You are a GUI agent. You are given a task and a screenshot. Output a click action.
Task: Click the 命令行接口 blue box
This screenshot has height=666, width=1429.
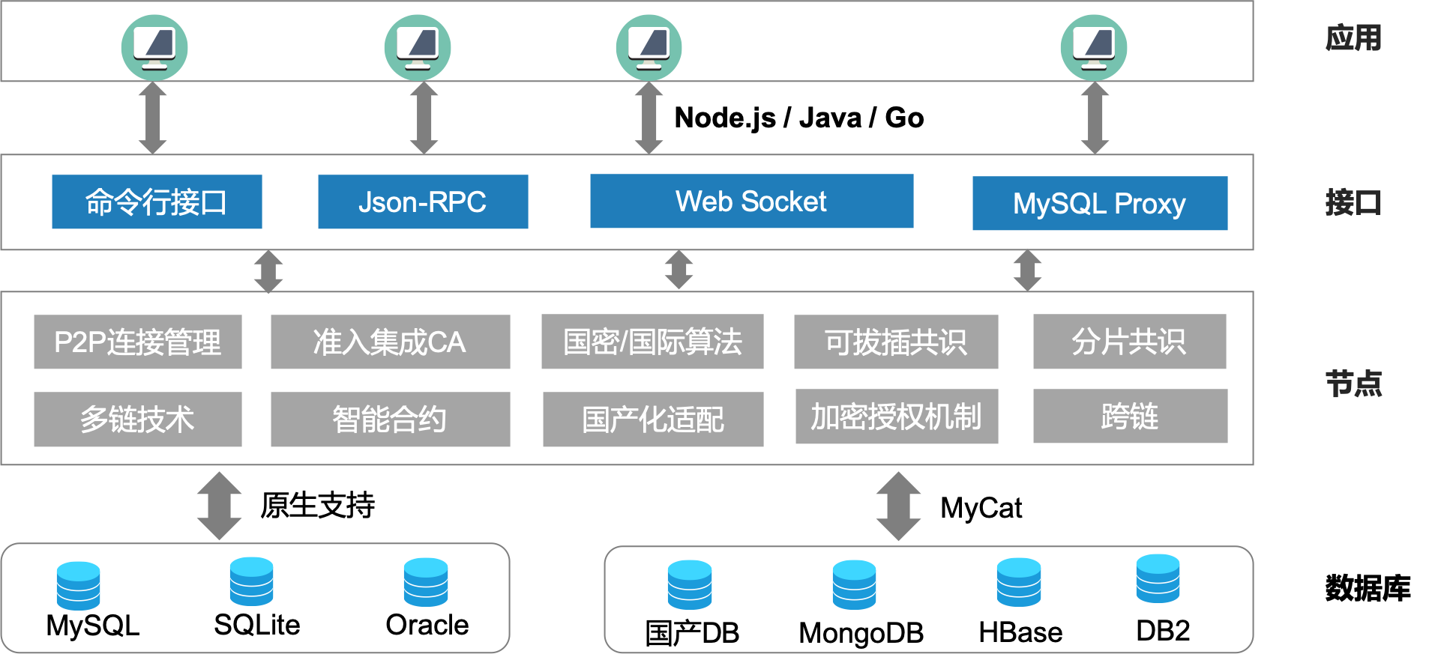pyautogui.click(x=157, y=202)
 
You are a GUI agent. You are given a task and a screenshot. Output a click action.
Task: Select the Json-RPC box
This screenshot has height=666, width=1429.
pyautogui.click(x=423, y=202)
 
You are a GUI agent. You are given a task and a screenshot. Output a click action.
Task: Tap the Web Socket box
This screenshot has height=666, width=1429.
pyautogui.click(x=751, y=201)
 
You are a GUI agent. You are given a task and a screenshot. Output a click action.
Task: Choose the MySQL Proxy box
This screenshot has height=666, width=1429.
pyautogui.click(x=1099, y=203)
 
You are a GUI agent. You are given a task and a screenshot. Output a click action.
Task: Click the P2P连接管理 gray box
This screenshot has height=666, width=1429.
pyautogui.click(x=138, y=342)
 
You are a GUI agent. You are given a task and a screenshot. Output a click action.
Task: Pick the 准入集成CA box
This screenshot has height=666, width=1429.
pyautogui.click(x=390, y=342)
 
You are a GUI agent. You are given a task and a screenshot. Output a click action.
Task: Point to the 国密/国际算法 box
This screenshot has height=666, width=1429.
pyautogui.click(x=652, y=342)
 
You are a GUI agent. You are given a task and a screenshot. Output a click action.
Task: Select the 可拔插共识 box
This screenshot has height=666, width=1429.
pyautogui.click(x=896, y=342)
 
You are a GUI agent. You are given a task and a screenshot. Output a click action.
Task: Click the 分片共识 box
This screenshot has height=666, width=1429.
pyautogui.click(x=1129, y=342)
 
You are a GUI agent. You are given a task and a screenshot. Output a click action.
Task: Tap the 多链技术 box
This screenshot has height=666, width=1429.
pyautogui.click(x=138, y=419)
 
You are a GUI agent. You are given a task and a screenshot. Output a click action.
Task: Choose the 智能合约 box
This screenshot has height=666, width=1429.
pyautogui.click(x=390, y=419)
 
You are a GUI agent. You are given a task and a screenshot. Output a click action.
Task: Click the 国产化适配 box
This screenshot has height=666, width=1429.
pyautogui.click(x=652, y=419)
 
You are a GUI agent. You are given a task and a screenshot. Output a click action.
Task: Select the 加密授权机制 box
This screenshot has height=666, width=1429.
pyautogui.click(x=896, y=417)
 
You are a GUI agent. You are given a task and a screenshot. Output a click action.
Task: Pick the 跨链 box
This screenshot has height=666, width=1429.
pyautogui.click(x=1130, y=416)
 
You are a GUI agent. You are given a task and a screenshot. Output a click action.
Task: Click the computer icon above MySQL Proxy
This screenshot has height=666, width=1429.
pyautogui.click(x=1094, y=47)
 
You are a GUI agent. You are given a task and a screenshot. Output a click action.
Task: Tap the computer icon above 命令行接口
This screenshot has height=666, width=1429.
pyautogui.click(x=154, y=47)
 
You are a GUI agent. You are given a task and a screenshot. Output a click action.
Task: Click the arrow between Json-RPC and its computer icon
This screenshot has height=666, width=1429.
pyautogui.click(x=424, y=118)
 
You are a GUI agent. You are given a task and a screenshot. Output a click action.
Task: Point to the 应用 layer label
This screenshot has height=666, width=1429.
pyautogui.click(x=1353, y=38)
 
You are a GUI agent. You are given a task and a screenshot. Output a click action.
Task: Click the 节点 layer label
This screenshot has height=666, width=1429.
pyautogui.click(x=1353, y=384)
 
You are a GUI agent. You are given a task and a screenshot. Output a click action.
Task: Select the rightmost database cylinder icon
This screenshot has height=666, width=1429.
pyautogui.click(x=1158, y=578)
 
